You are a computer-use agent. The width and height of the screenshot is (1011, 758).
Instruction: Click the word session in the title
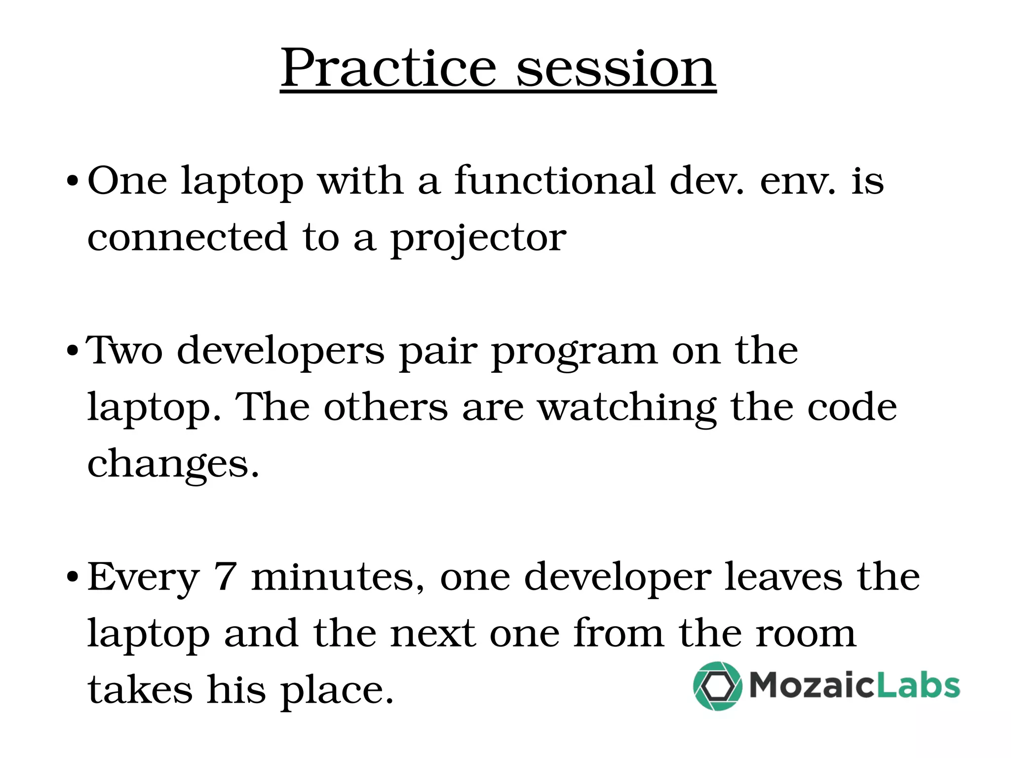[x=616, y=69]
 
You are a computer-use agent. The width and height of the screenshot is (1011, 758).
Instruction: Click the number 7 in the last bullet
[x=225, y=576]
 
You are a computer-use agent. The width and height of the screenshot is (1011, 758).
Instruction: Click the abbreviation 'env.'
[x=798, y=182]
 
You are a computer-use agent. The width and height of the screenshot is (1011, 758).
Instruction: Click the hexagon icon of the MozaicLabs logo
[x=717, y=686]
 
